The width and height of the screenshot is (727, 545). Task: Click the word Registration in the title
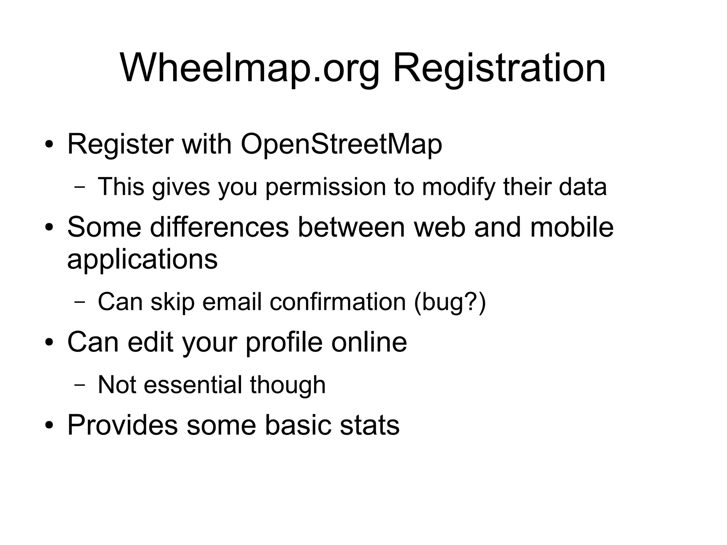point(499,68)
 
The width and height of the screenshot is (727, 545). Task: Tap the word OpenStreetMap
point(341,145)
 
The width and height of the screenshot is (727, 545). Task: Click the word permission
point(325,187)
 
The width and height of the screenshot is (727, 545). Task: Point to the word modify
point(458,187)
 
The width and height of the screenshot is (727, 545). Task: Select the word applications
point(142,260)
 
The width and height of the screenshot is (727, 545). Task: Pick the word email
point(232,302)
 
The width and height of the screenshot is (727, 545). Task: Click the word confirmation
point(337,302)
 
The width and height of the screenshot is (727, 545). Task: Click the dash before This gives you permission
point(80,187)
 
